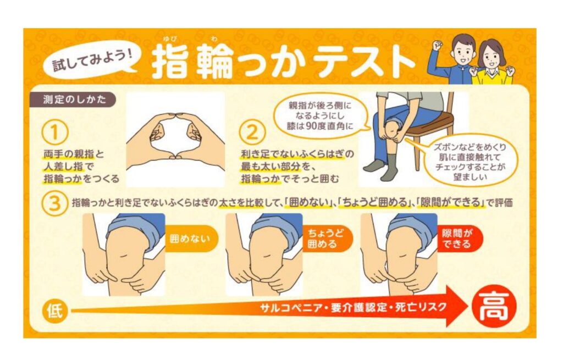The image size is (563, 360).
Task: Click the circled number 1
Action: [x=54, y=132]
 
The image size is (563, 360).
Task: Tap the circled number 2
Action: [x=252, y=132]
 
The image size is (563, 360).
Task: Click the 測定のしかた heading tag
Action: [x=74, y=99]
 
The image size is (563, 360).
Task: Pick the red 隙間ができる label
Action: [x=459, y=239]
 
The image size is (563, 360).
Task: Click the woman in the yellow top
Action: [x=492, y=63]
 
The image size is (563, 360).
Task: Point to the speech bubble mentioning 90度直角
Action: [x=319, y=115]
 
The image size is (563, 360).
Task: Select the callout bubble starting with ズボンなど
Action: [x=470, y=162]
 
